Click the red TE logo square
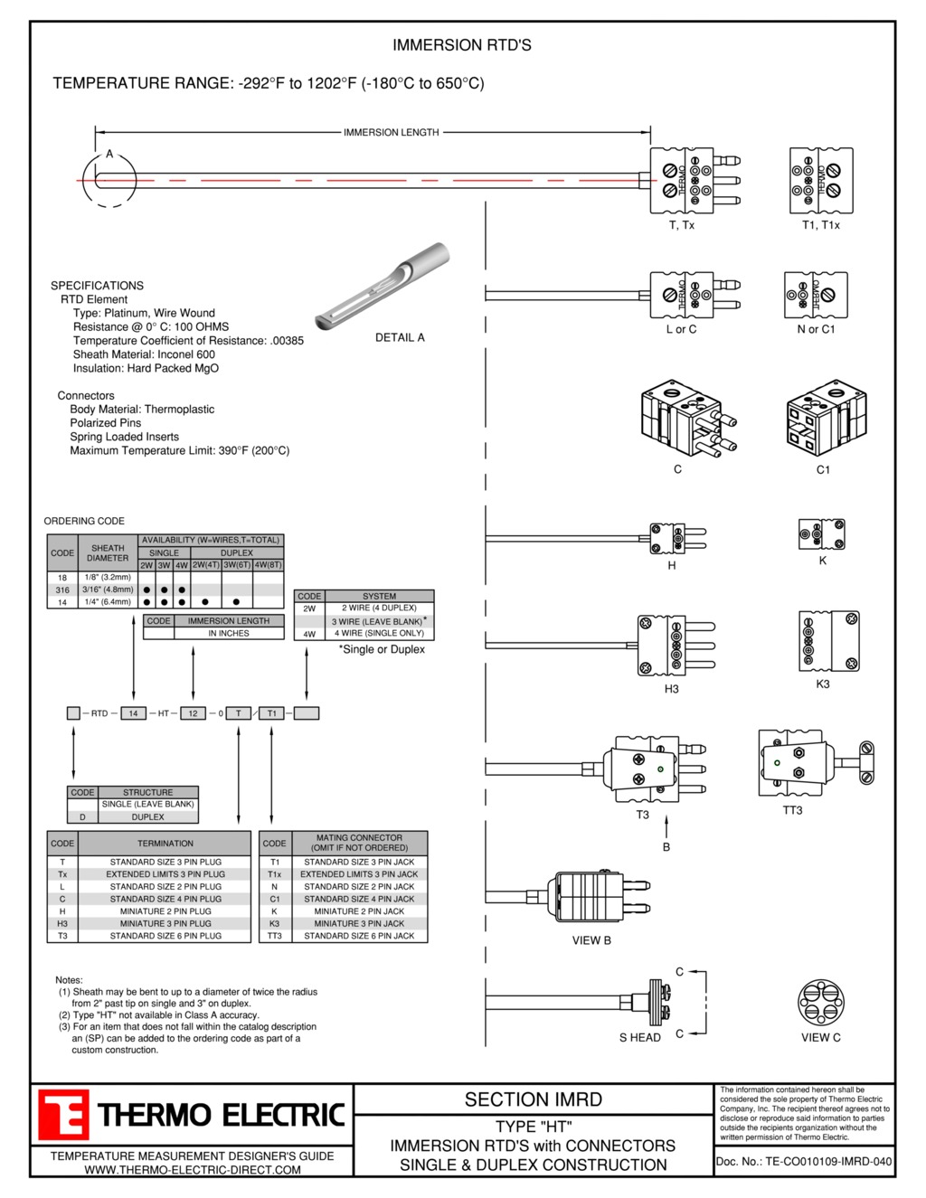tap(63, 1114)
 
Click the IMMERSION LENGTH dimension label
tap(392, 132)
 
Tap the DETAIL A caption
tap(400, 337)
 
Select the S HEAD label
tap(640, 1038)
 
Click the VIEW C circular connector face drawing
tap(821, 1003)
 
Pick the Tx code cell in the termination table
tap(62, 874)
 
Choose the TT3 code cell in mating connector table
tap(275, 936)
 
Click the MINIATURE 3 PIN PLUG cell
tap(165, 923)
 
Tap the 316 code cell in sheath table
tap(62, 590)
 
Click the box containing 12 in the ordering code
tap(193, 713)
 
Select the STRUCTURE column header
tap(147, 792)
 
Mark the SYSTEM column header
tap(379, 596)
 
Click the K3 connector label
tap(822, 684)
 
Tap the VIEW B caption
tap(591, 940)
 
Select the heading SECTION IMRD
tap(533, 1099)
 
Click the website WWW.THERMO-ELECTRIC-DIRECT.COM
tap(193, 1170)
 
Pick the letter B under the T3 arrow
tap(666, 847)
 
